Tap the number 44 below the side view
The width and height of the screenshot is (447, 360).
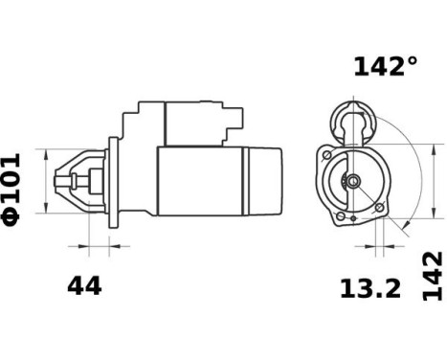point(84,285)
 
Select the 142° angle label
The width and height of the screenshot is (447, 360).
point(385,66)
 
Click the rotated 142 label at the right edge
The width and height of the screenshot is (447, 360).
point(433,276)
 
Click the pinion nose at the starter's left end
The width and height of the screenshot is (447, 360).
point(73,180)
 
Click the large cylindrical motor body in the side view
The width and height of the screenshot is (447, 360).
point(201,182)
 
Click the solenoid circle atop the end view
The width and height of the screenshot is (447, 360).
point(347,121)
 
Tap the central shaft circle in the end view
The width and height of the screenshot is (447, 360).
point(352,182)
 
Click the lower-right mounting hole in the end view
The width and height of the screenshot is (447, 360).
point(380,208)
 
